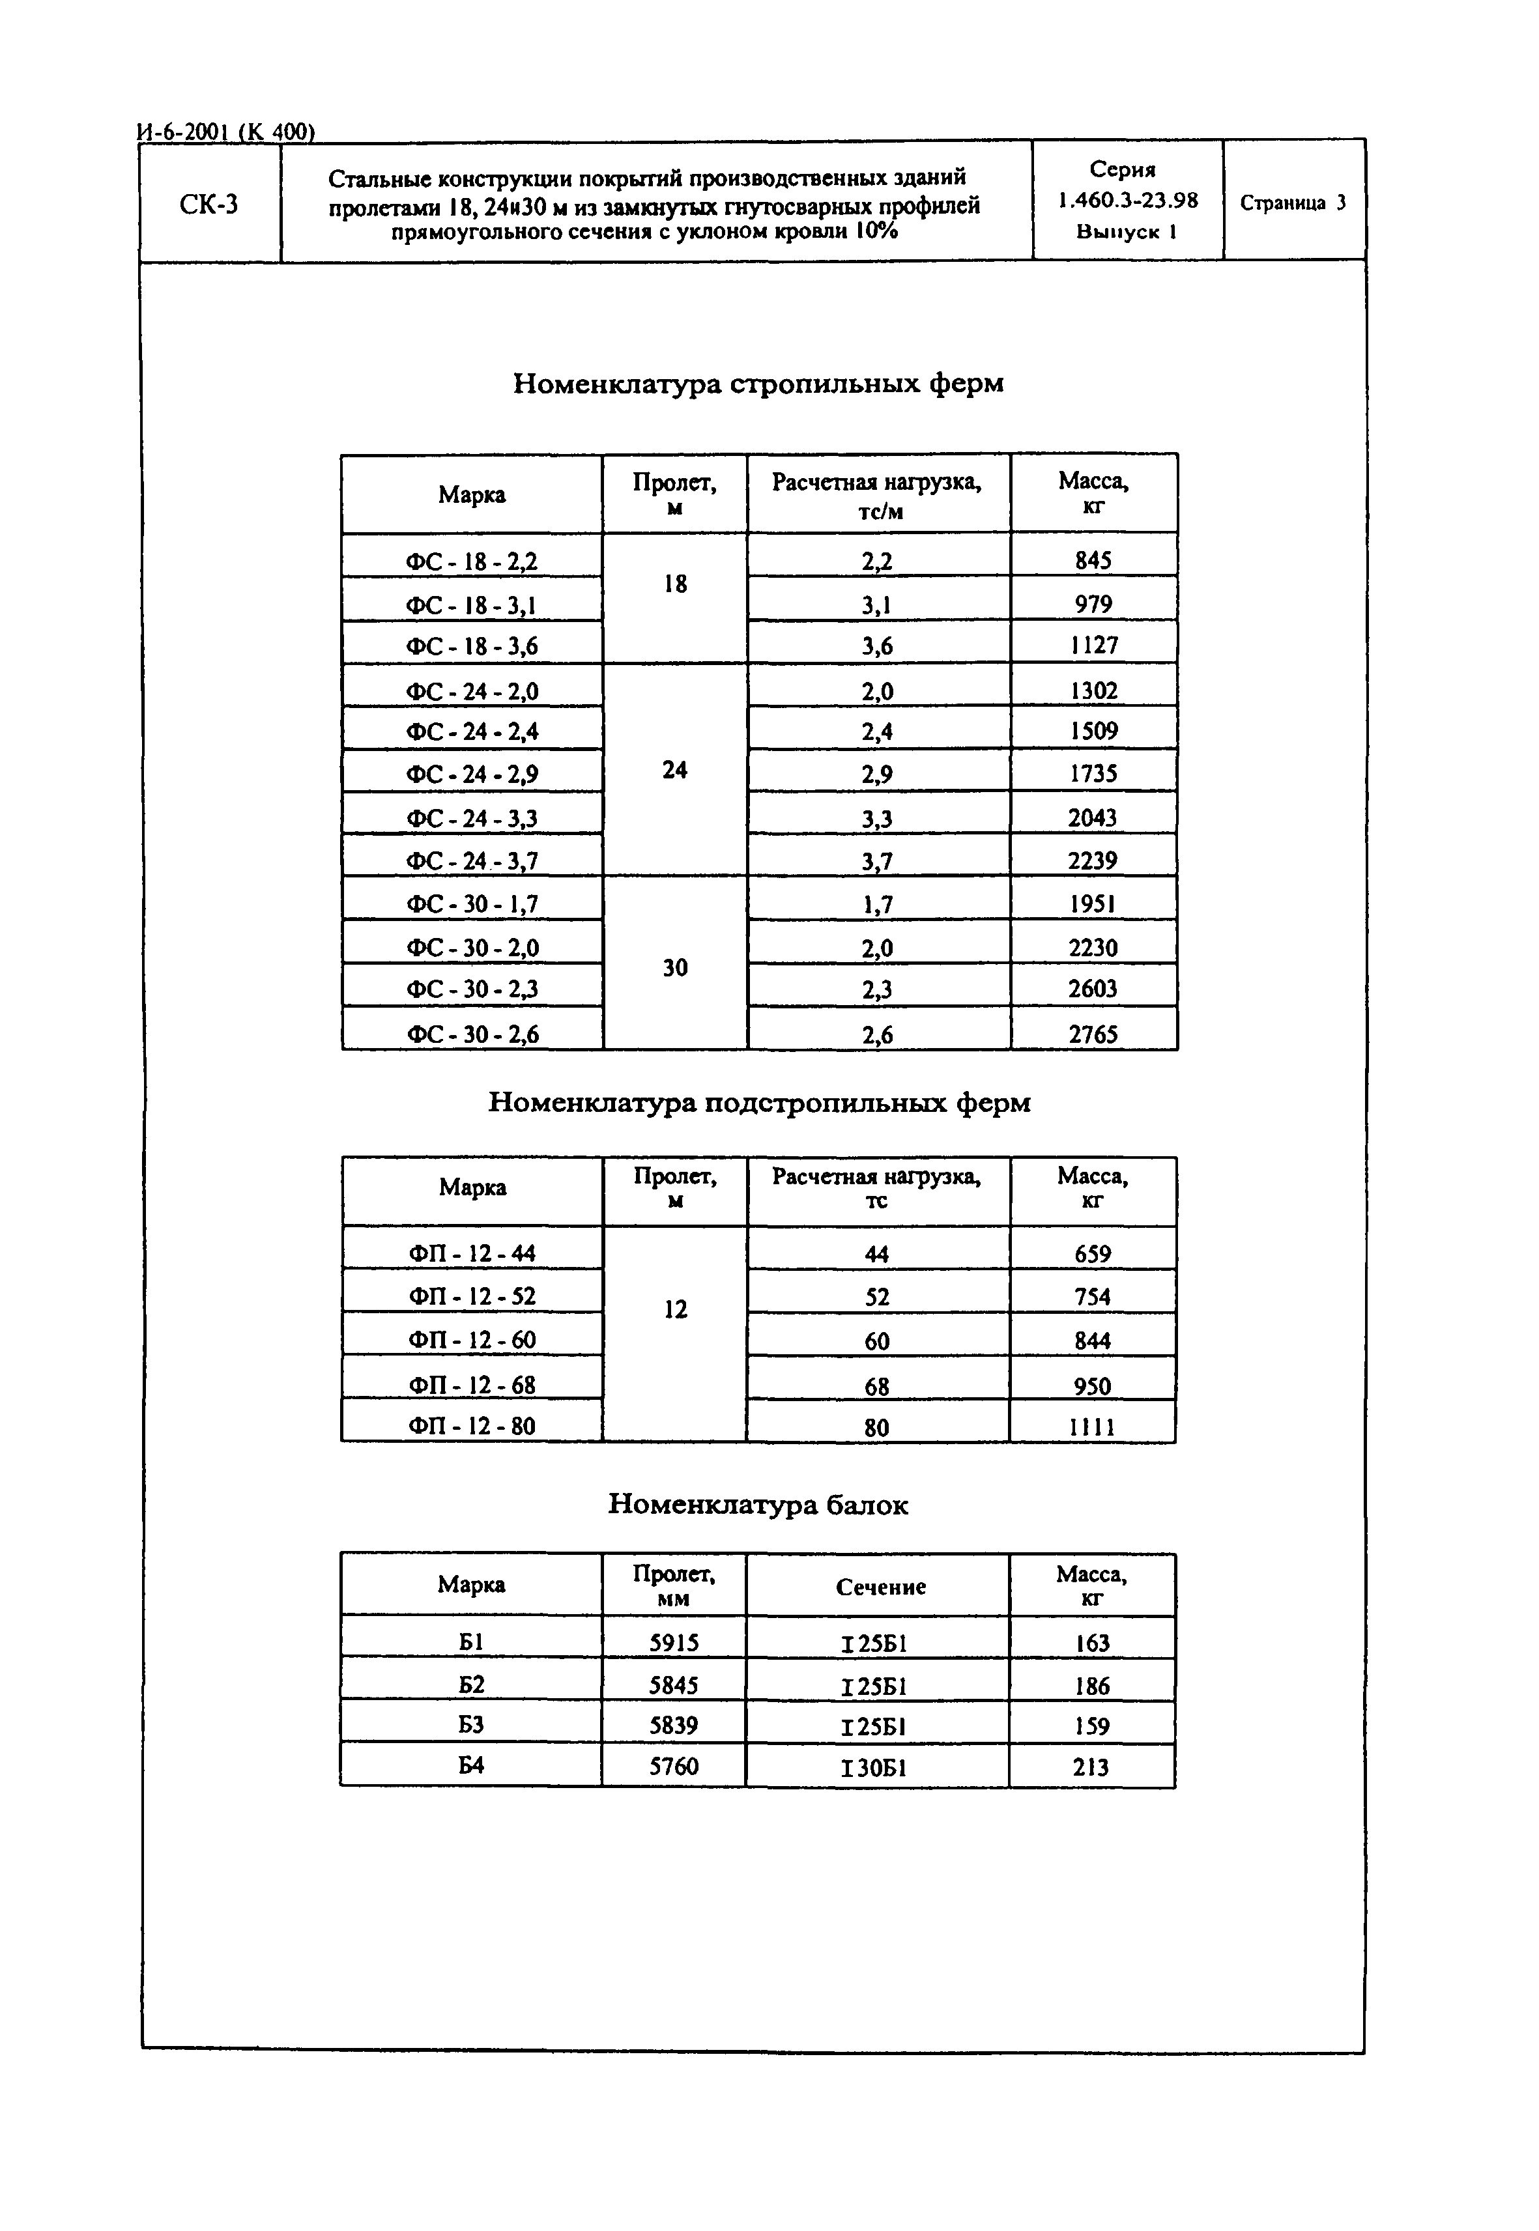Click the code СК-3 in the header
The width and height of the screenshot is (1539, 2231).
tap(209, 205)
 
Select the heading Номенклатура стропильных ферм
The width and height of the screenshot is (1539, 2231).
tap(758, 384)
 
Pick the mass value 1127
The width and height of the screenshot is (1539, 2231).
tap(1093, 645)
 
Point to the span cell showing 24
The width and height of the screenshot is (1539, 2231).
tap(675, 769)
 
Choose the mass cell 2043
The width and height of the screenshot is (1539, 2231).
tap(1093, 817)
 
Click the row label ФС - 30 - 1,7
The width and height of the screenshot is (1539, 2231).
tap(472, 903)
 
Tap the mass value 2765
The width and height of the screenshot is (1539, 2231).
tap(1093, 1034)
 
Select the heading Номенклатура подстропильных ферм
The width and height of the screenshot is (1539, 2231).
tap(759, 1102)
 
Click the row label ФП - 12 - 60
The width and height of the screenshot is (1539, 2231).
tap(472, 1339)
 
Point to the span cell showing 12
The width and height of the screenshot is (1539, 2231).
tap(675, 1309)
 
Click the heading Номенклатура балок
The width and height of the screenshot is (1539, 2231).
tap(758, 1504)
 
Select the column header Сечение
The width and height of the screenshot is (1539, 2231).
tap(880, 1586)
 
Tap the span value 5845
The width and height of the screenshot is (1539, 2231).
tap(674, 1684)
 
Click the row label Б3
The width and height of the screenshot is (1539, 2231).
tap(470, 1725)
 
